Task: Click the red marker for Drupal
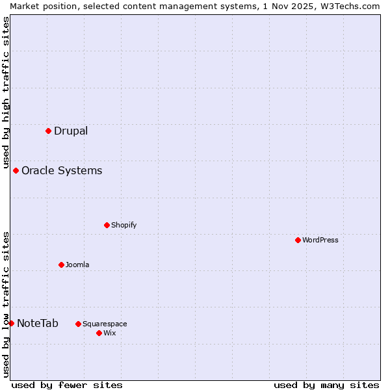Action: coord(48,131)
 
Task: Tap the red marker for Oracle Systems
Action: coord(16,170)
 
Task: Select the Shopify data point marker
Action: coord(107,225)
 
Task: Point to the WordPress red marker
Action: coord(298,240)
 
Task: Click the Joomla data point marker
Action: coord(61,265)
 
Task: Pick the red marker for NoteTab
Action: coord(11,323)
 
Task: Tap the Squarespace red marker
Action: coord(78,324)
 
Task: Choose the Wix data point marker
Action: coord(99,333)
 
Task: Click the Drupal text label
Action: coord(71,131)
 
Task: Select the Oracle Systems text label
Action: coord(62,171)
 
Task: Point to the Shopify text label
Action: coord(123,226)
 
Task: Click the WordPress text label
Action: coord(320,240)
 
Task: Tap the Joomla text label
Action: coord(77,265)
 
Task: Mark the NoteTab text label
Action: coord(38,324)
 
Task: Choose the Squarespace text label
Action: coord(105,324)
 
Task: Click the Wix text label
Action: coord(109,333)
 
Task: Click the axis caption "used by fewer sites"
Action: coord(67,385)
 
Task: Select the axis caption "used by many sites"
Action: coord(326,385)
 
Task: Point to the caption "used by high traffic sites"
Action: coord(6,91)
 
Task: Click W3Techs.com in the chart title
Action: coord(347,6)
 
